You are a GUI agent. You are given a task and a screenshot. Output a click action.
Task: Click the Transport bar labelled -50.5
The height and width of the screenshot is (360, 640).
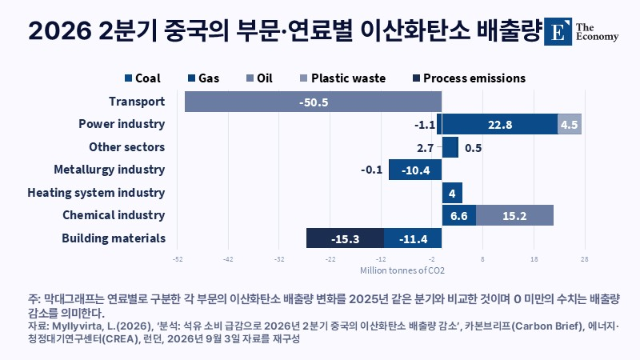(x=313, y=102)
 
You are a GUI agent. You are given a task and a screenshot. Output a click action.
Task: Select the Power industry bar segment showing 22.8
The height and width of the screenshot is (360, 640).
(x=499, y=124)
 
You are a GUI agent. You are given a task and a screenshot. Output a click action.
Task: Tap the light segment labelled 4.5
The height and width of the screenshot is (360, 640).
(x=570, y=124)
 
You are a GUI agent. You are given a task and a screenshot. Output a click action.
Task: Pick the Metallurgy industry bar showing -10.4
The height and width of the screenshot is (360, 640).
(x=415, y=170)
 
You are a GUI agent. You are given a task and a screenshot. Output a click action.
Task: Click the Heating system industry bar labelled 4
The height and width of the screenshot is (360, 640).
(x=452, y=193)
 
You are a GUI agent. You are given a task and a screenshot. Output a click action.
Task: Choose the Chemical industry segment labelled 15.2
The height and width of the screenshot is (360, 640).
(x=514, y=215)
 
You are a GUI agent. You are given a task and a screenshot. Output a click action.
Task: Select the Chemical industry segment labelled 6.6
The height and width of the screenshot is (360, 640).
(x=458, y=215)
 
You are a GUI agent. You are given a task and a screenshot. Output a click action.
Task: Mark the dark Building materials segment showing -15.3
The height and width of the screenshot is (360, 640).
(x=345, y=238)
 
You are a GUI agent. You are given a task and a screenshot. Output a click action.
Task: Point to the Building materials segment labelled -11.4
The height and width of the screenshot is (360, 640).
(x=413, y=238)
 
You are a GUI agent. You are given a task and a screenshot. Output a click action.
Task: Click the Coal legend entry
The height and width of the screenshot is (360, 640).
(x=142, y=78)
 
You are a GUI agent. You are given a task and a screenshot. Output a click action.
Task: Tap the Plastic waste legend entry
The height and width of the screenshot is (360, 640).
(x=342, y=78)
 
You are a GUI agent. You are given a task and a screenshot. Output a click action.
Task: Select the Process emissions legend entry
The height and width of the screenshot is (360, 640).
(x=469, y=78)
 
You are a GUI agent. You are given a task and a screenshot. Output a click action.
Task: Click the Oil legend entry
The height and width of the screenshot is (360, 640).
(x=259, y=78)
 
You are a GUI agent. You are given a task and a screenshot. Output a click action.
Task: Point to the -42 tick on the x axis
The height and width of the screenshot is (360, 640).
(x=228, y=259)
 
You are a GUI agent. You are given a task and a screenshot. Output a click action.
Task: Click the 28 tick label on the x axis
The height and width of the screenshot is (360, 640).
(x=585, y=259)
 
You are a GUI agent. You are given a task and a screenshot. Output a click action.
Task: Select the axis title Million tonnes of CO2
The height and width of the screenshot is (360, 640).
(x=402, y=270)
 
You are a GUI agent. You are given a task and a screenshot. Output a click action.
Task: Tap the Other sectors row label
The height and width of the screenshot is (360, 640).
(x=127, y=147)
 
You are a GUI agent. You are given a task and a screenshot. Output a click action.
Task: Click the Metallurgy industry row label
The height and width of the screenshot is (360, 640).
(x=110, y=170)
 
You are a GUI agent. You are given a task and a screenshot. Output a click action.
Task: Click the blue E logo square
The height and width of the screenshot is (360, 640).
(x=558, y=31)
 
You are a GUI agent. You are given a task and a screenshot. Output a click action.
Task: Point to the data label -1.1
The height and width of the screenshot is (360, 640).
(x=425, y=125)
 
